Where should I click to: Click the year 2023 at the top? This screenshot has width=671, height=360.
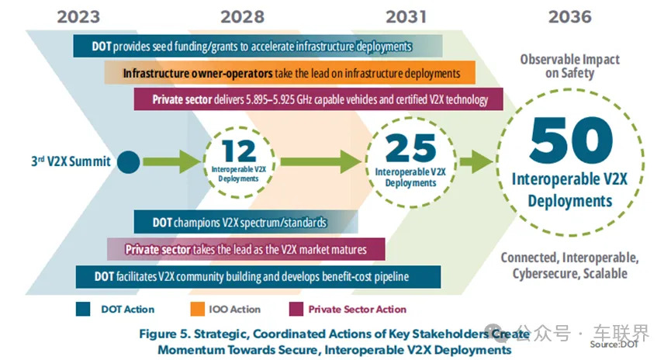[x=78, y=17]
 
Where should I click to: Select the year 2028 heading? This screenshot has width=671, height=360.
[x=242, y=17]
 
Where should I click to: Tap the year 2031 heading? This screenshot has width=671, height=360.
[x=406, y=17]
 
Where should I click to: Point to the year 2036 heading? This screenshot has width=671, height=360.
[x=569, y=17]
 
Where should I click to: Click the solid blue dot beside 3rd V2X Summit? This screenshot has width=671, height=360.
[x=128, y=162]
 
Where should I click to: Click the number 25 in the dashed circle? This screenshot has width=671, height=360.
[x=410, y=147]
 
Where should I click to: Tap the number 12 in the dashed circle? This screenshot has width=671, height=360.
[x=239, y=151]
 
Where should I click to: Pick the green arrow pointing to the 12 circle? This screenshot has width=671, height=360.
[x=172, y=161]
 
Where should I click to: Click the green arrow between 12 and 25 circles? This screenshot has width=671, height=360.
[x=321, y=161]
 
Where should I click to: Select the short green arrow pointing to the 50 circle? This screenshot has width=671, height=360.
[x=476, y=161]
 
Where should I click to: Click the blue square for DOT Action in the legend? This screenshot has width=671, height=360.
[x=83, y=309]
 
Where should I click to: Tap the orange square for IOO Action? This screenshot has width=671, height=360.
[x=197, y=309]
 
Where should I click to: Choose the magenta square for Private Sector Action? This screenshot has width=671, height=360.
[x=296, y=309]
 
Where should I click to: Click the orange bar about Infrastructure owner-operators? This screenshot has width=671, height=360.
[x=289, y=73]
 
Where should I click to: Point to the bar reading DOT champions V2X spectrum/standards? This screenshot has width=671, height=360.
[x=246, y=222]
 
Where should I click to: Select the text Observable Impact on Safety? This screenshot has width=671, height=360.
[x=569, y=66]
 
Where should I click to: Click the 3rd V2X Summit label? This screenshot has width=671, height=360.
[x=71, y=161]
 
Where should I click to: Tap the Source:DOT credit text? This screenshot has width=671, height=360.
[x=614, y=344]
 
